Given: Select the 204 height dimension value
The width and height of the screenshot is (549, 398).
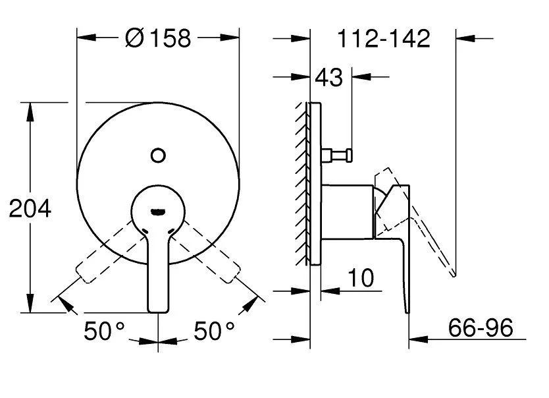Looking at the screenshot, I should (x=30, y=209).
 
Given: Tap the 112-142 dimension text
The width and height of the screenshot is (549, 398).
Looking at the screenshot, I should (x=384, y=39).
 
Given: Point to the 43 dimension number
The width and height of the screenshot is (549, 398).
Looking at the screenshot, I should (x=328, y=78).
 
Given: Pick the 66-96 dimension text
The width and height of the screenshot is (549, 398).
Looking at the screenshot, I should (x=480, y=327).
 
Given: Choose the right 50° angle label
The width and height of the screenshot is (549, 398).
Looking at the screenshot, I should (x=215, y=330).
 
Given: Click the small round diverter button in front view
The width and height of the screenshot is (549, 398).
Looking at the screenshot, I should (x=157, y=156).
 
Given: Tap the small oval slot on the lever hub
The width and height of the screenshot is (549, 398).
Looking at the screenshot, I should (x=157, y=212).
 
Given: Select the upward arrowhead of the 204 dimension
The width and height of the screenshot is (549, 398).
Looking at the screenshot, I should (x=30, y=109).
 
